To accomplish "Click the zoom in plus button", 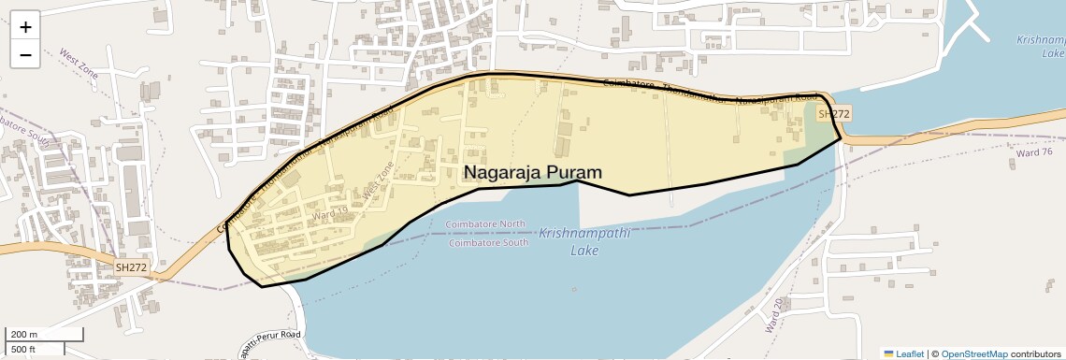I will [x=25, y=26].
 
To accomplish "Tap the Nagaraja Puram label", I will [x=532, y=172].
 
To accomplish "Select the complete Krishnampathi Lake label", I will [x=584, y=241].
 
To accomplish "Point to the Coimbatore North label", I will [x=485, y=224].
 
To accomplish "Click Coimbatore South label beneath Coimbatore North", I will [x=488, y=243].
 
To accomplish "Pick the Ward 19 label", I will [x=329, y=212].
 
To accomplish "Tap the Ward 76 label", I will [x=1034, y=151].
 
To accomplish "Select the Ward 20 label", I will [x=773, y=313].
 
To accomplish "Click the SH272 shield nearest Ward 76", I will [x=834, y=114].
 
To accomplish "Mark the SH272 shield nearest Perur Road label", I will [x=132, y=267].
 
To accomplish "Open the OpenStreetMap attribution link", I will [x=973, y=353].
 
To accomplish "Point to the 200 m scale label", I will [x=23, y=335].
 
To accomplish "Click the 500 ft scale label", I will [x=23, y=350].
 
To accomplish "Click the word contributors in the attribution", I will [x=1036, y=353].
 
